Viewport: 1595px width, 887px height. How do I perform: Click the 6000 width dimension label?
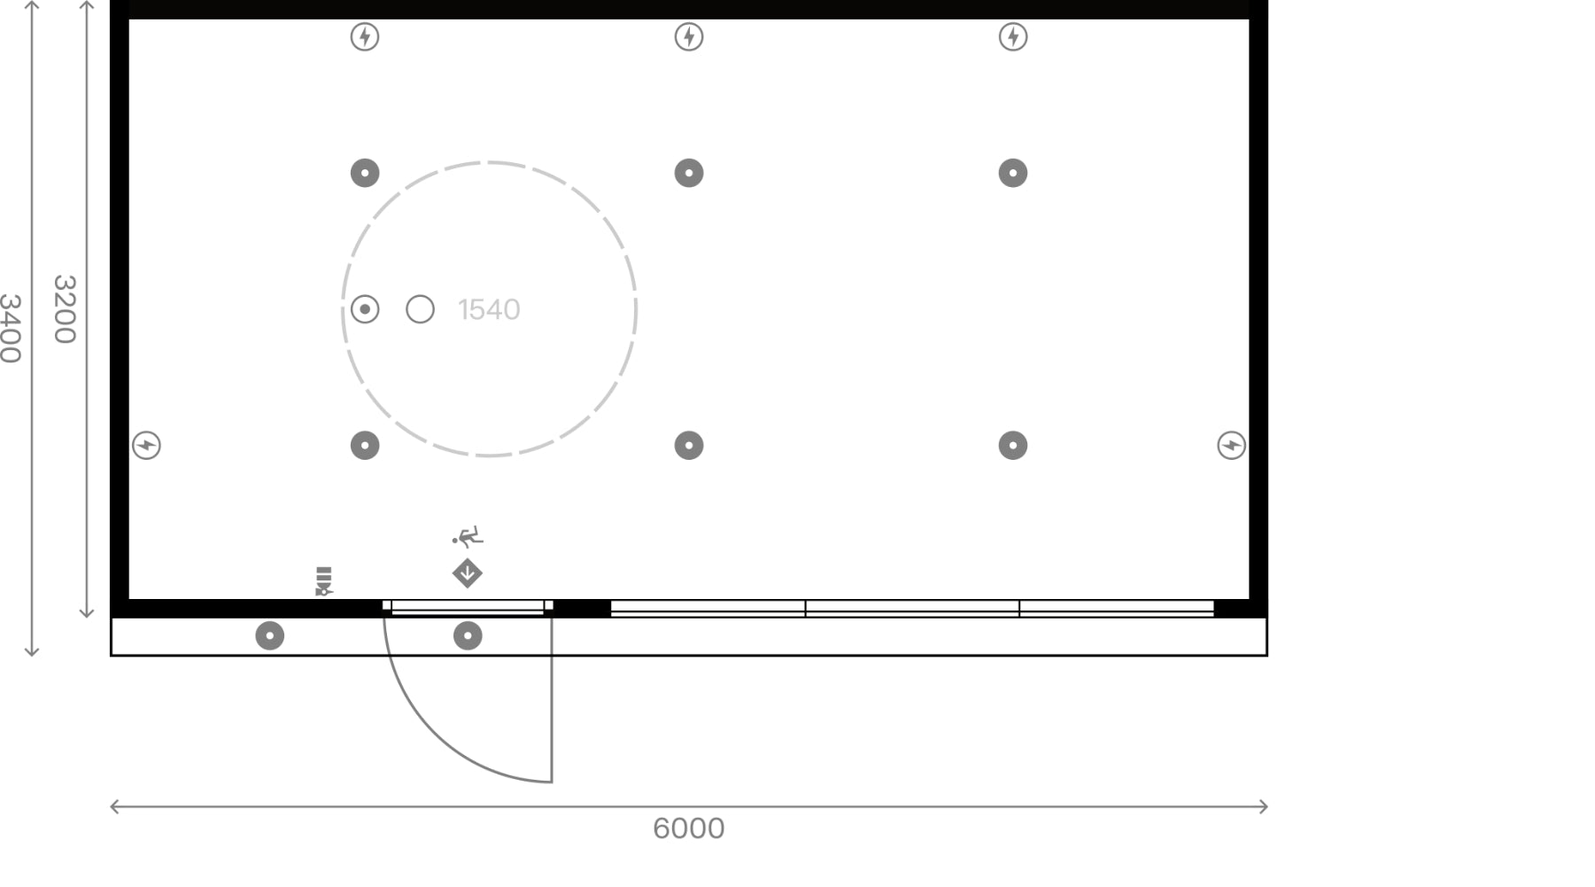(688, 829)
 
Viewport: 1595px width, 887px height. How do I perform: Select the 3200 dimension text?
(65, 308)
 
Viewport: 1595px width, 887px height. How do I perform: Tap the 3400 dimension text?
(10, 329)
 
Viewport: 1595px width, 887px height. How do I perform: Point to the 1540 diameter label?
(489, 309)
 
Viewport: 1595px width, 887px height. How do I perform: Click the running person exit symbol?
(468, 536)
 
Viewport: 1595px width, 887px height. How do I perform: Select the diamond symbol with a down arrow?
(468, 573)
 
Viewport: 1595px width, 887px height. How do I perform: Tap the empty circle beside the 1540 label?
(420, 309)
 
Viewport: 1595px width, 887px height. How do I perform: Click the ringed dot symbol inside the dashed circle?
(365, 309)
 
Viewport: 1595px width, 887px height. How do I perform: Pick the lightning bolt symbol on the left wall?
(146, 445)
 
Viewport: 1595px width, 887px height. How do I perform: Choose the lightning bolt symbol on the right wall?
(1231, 445)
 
